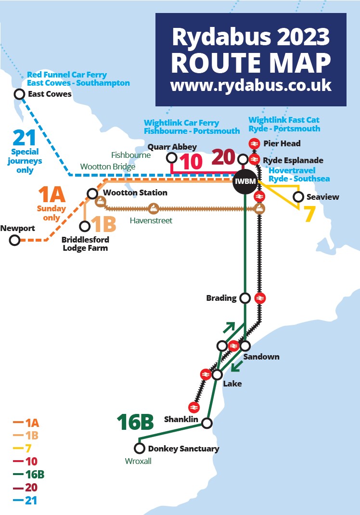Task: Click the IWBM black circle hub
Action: pyautogui.click(x=244, y=182)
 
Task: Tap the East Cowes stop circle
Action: pyautogui.click(x=20, y=94)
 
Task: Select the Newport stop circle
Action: pyautogui.click(x=15, y=240)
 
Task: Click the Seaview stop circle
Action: pyautogui.click(x=298, y=197)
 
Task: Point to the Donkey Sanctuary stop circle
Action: pyautogui.click(x=140, y=449)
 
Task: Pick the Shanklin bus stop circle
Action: pyautogui.click(x=207, y=424)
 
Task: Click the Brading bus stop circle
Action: pyautogui.click(x=245, y=298)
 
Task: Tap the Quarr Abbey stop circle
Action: pyautogui.click(x=171, y=157)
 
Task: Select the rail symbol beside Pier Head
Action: pyautogui.click(x=255, y=143)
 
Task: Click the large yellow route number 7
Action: pyautogui.click(x=309, y=215)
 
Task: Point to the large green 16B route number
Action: pyautogui.click(x=135, y=422)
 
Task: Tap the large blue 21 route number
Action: pyautogui.click(x=24, y=139)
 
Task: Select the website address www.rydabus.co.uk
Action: pyautogui.click(x=251, y=86)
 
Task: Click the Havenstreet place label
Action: pyautogui.click(x=151, y=220)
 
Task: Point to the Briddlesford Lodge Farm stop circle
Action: pyautogui.click(x=85, y=226)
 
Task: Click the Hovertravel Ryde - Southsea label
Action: pyautogui.click(x=299, y=175)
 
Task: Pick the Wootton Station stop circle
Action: pyautogui.click(x=92, y=193)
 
